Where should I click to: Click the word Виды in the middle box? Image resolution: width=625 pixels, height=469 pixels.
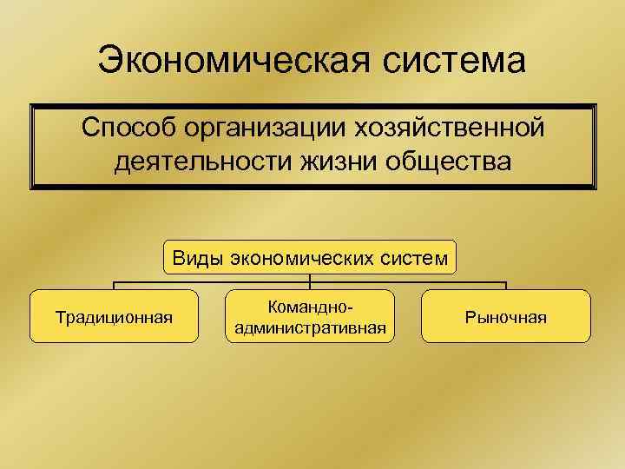click(x=197, y=257)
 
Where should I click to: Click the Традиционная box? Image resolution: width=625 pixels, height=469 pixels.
click(x=114, y=317)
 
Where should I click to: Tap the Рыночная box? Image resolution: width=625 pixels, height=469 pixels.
click(x=506, y=317)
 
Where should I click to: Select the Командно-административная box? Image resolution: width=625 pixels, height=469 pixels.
click(x=310, y=317)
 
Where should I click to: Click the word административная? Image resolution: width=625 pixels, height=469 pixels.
click(x=310, y=328)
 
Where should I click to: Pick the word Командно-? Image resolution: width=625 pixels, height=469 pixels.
click(x=310, y=307)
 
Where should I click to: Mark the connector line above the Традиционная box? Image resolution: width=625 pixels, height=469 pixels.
click(x=115, y=285)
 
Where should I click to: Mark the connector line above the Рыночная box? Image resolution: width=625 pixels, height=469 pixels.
click(x=505, y=285)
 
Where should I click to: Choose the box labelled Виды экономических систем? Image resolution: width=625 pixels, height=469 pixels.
click(x=310, y=257)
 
